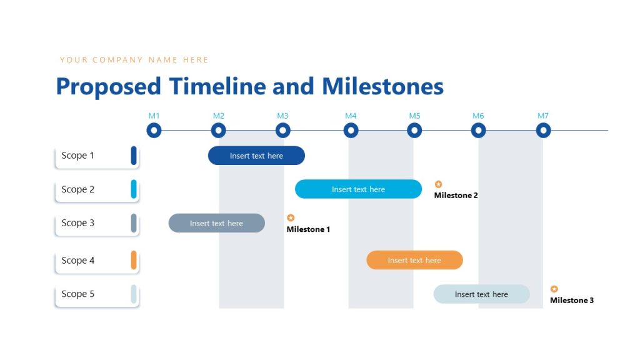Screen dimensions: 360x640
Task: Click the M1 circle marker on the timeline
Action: coord(154,131)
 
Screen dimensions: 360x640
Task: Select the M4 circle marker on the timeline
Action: coord(351,131)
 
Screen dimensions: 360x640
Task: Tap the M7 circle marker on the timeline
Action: coord(543,131)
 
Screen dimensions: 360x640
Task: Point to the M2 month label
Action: coord(219,116)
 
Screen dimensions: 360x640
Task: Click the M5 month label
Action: coord(415,116)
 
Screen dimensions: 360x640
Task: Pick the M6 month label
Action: coord(478,116)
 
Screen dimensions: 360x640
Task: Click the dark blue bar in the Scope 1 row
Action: coord(256,156)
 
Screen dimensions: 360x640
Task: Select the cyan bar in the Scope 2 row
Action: coord(358,189)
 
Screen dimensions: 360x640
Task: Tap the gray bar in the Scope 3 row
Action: coord(216,223)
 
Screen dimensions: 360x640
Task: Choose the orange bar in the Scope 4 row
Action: coord(414,260)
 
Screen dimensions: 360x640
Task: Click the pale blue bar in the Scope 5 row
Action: coord(481,294)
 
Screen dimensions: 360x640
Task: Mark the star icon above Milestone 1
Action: coord(291,218)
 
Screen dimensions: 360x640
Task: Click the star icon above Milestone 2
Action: coord(439,184)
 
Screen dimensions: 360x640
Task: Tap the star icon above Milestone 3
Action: coord(554,289)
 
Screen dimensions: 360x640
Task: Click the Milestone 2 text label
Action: coord(456,196)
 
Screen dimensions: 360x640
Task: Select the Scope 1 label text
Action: coord(77,156)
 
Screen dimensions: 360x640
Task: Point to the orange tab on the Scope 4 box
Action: coord(134,260)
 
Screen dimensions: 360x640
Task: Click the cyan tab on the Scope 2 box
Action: coord(134,189)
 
